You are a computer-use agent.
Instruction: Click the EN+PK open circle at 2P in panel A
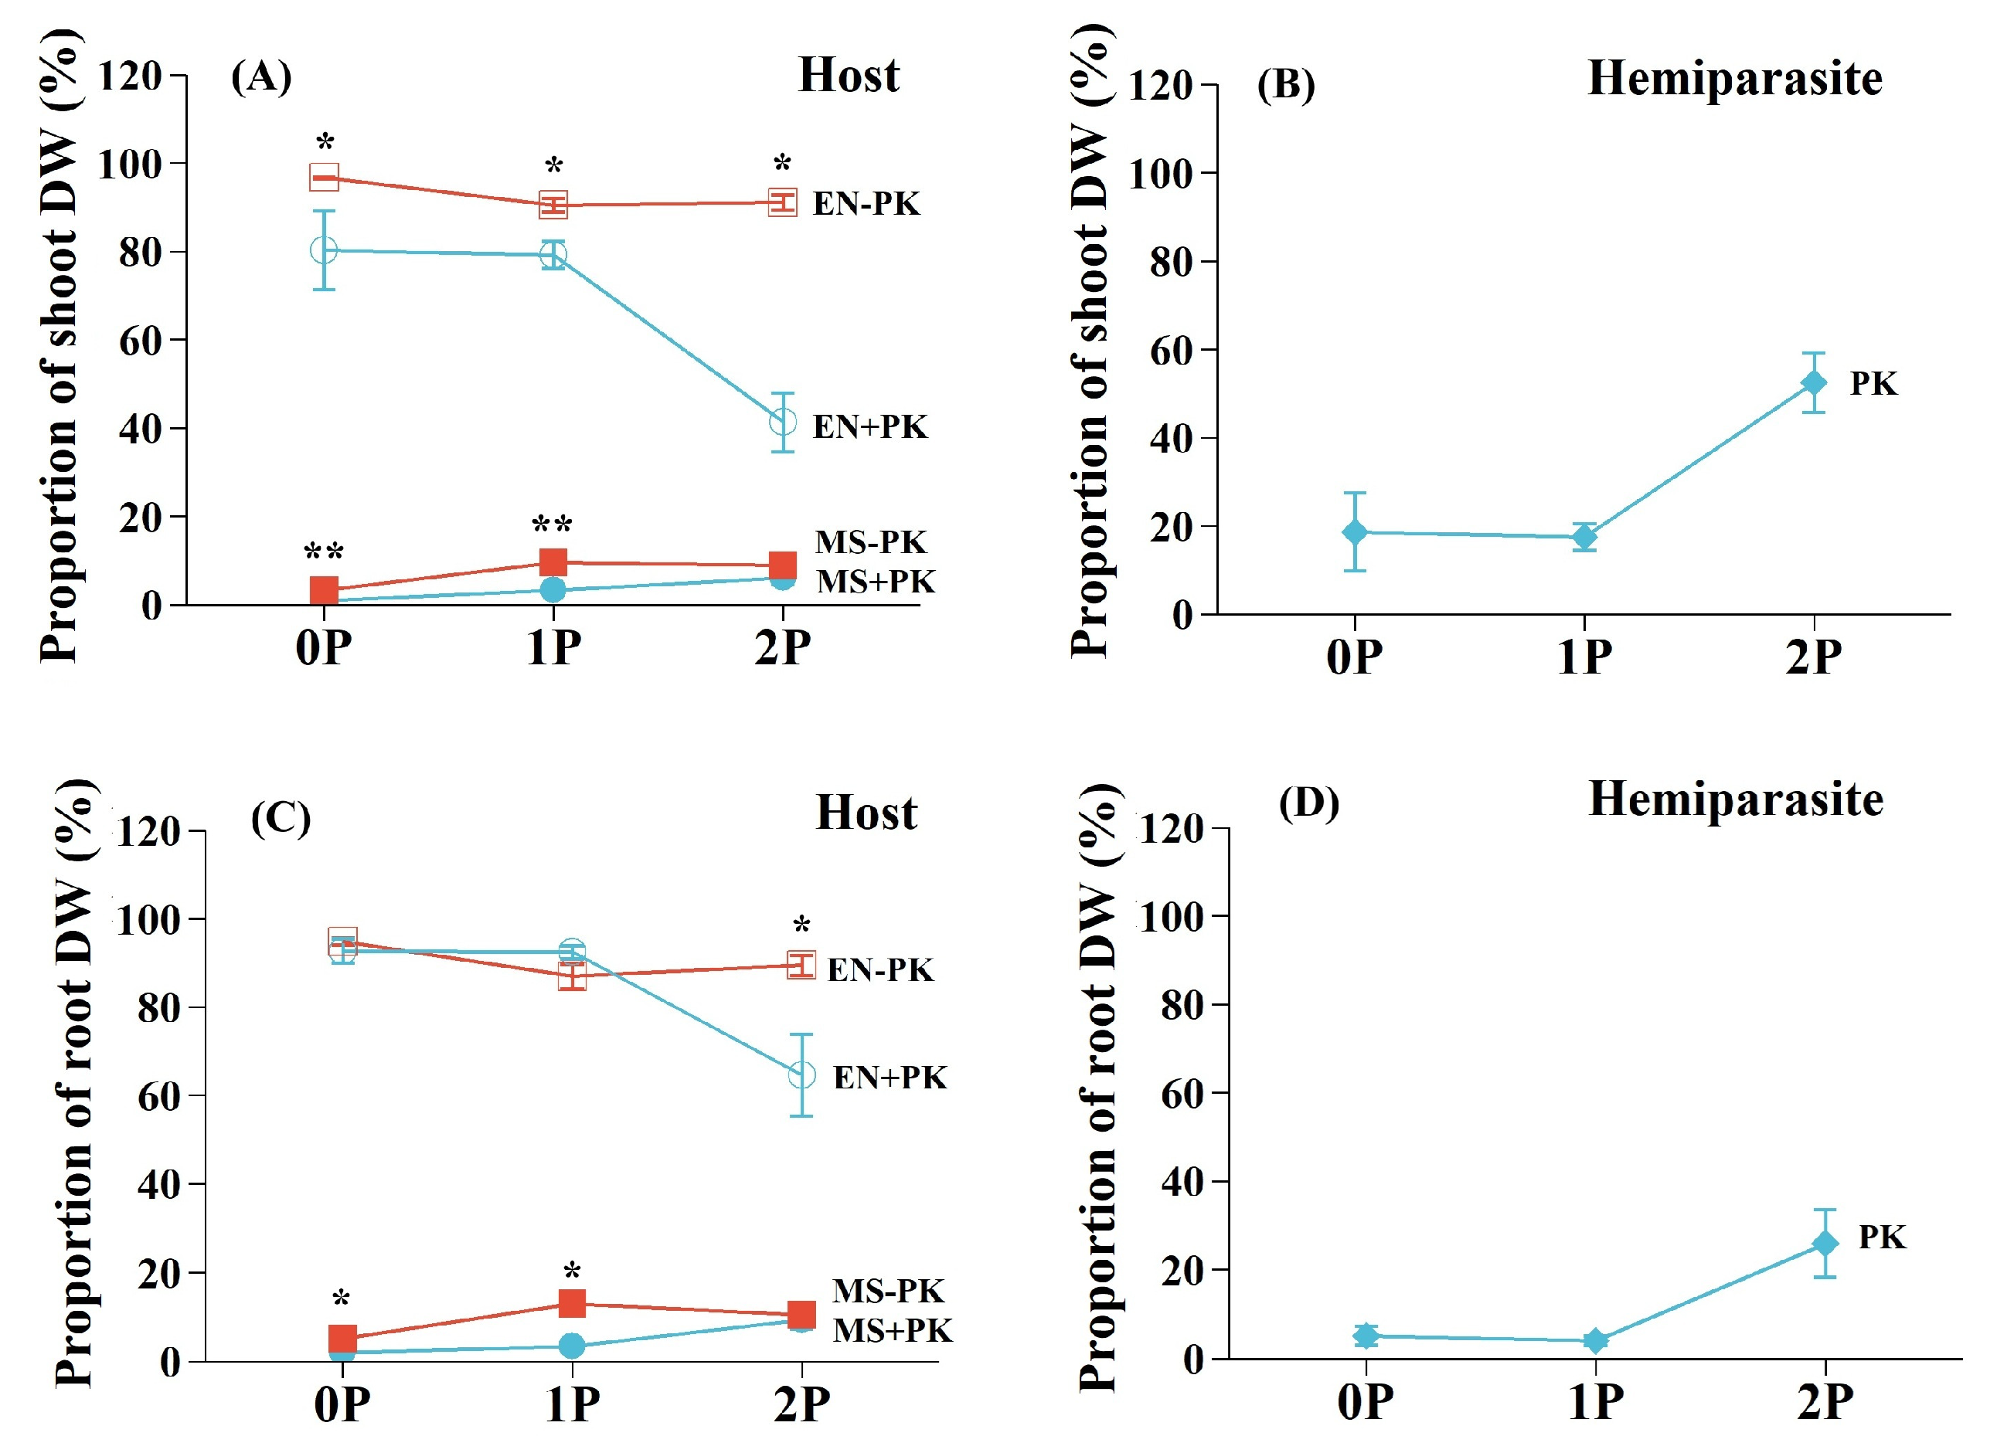782,423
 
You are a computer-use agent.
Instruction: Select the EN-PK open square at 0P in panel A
324,178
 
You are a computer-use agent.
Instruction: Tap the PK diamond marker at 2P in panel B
1813,382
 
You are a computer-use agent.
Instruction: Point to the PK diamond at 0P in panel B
1355,532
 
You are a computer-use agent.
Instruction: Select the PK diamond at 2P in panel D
1825,1244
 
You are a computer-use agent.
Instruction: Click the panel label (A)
260,77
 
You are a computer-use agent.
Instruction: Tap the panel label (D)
1308,803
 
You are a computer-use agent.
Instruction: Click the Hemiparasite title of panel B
1734,79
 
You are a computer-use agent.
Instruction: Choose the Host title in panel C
866,813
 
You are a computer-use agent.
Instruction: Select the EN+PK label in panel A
869,427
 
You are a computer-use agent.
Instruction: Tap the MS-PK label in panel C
888,1291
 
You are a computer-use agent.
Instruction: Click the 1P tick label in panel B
1583,658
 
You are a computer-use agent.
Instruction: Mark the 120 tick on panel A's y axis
129,77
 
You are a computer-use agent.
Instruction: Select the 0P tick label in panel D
1365,1403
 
